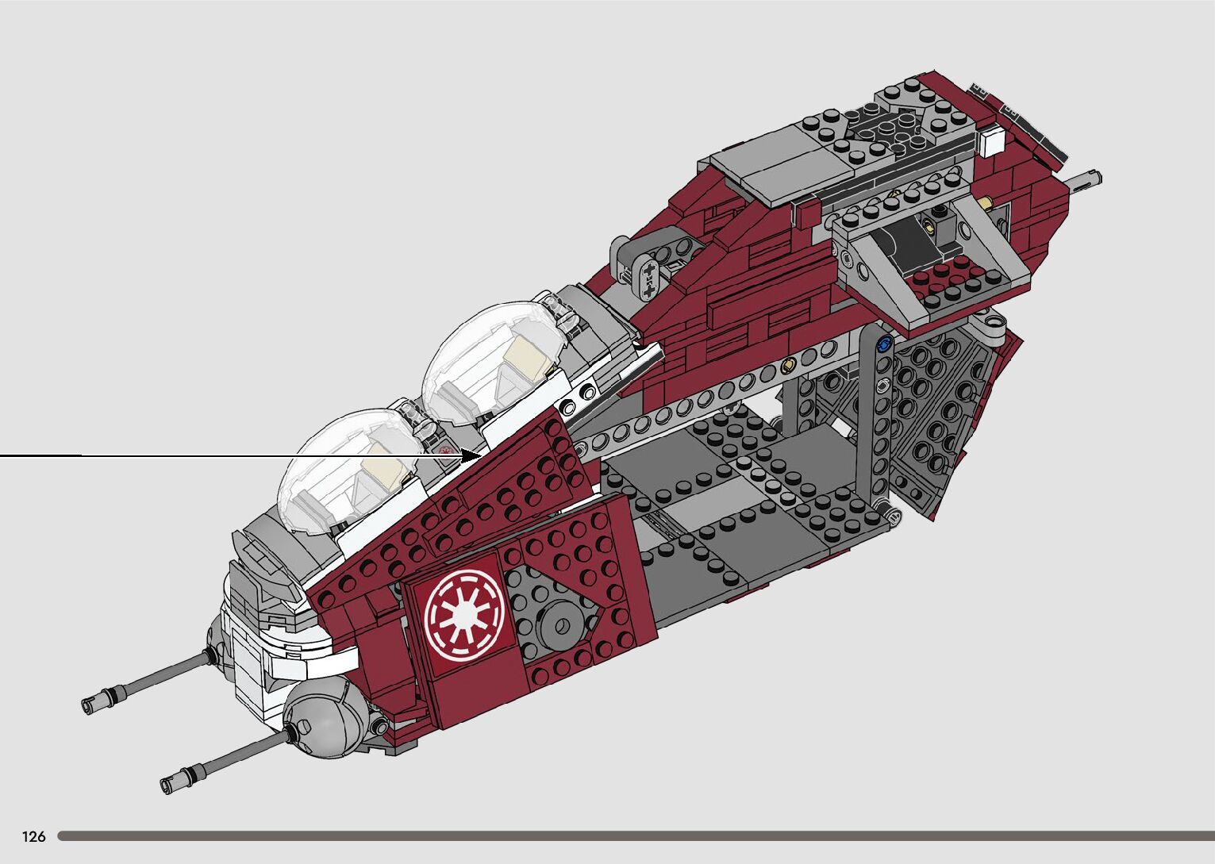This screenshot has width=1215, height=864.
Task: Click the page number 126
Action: tap(34, 836)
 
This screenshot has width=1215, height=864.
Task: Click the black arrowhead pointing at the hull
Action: tap(474, 455)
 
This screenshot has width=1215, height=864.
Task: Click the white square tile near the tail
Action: tap(992, 143)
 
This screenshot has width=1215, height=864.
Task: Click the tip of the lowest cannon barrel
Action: tap(168, 783)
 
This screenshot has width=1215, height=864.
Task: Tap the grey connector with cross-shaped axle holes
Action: tap(650, 276)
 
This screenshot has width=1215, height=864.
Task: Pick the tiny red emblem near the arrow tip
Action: tap(446, 452)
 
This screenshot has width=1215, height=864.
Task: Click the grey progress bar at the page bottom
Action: tap(635, 835)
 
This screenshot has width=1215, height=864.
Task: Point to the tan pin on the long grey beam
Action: tap(787, 366)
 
